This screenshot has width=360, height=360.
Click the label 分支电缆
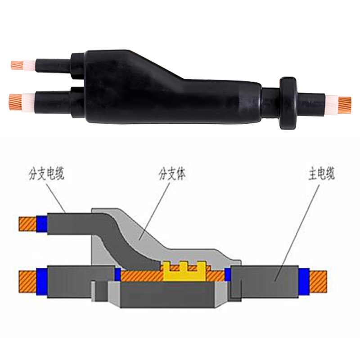click(x=46, y=174)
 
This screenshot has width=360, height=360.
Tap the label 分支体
click(x=172, y=174)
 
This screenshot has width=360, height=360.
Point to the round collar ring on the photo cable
click(x=288, y=103)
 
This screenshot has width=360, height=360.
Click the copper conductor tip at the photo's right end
click(x=345, y=105)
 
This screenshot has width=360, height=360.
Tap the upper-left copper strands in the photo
click(x=17, y=65)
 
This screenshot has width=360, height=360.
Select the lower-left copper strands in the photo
click(x=15, y=102)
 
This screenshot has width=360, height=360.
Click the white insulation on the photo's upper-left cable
click(x=30, y=66)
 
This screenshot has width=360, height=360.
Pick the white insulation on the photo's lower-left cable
click(x=28, y=103)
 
